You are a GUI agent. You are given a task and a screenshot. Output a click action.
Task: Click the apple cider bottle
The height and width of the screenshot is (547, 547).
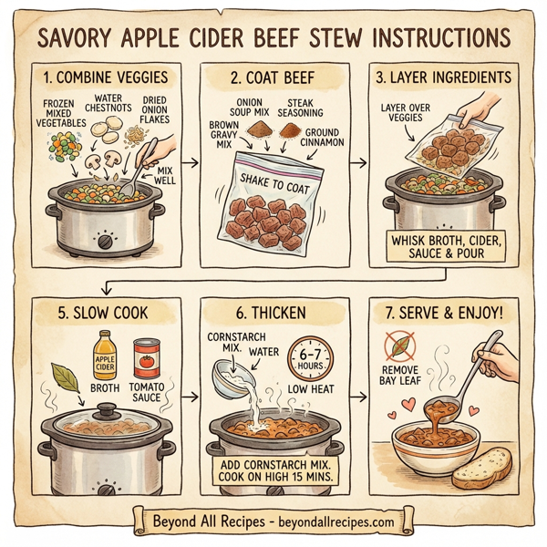click(107, 359)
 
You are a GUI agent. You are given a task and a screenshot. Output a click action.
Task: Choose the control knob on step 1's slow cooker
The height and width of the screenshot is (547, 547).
click(104, 243)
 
